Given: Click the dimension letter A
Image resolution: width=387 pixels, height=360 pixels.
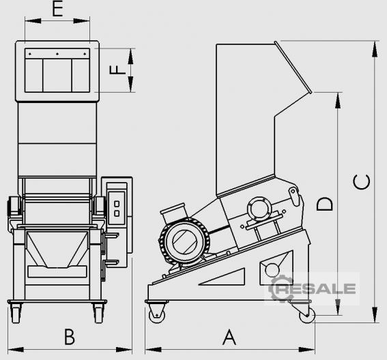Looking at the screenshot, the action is [x=229, y=337].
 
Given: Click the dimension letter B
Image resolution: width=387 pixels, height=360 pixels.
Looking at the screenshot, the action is [x=70, y=337].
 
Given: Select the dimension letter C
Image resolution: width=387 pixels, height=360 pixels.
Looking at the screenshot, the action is [x=362, y=182].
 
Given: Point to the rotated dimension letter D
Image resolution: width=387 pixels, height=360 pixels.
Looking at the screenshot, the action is [x=325, y=204].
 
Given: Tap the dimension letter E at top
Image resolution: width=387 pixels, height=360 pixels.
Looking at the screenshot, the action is [x=57, y=9].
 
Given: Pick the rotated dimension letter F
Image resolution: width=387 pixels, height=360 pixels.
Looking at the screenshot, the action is [x=117, y=70].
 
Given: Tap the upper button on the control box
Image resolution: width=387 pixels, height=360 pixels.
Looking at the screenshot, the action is [x=117, y=204].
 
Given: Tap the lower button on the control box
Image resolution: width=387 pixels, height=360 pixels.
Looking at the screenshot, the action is [x=117, y=213].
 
